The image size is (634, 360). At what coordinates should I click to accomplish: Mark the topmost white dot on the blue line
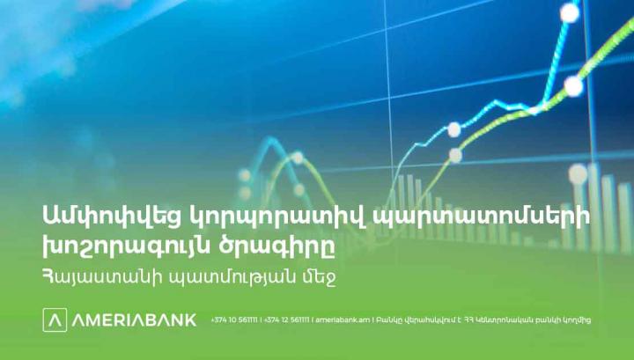tap(571, 12)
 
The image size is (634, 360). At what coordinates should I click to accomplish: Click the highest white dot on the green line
tap(572, 86)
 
